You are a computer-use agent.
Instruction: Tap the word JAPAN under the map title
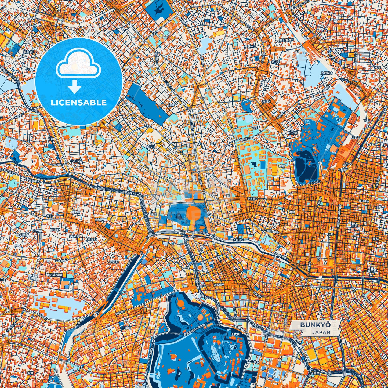click(321, 332)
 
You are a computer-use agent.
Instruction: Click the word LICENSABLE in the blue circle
click(79, 103)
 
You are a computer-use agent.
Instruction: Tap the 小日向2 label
click(76, 161)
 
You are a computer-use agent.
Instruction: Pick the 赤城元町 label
click(101, 220)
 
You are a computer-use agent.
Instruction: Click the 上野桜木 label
click(327, 73)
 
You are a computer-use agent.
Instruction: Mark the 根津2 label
click(266, 101)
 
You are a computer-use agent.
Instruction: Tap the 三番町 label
click(126, 328)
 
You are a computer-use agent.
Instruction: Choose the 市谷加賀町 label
click(54, 275)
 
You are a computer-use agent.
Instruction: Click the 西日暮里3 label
click(287, 40)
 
